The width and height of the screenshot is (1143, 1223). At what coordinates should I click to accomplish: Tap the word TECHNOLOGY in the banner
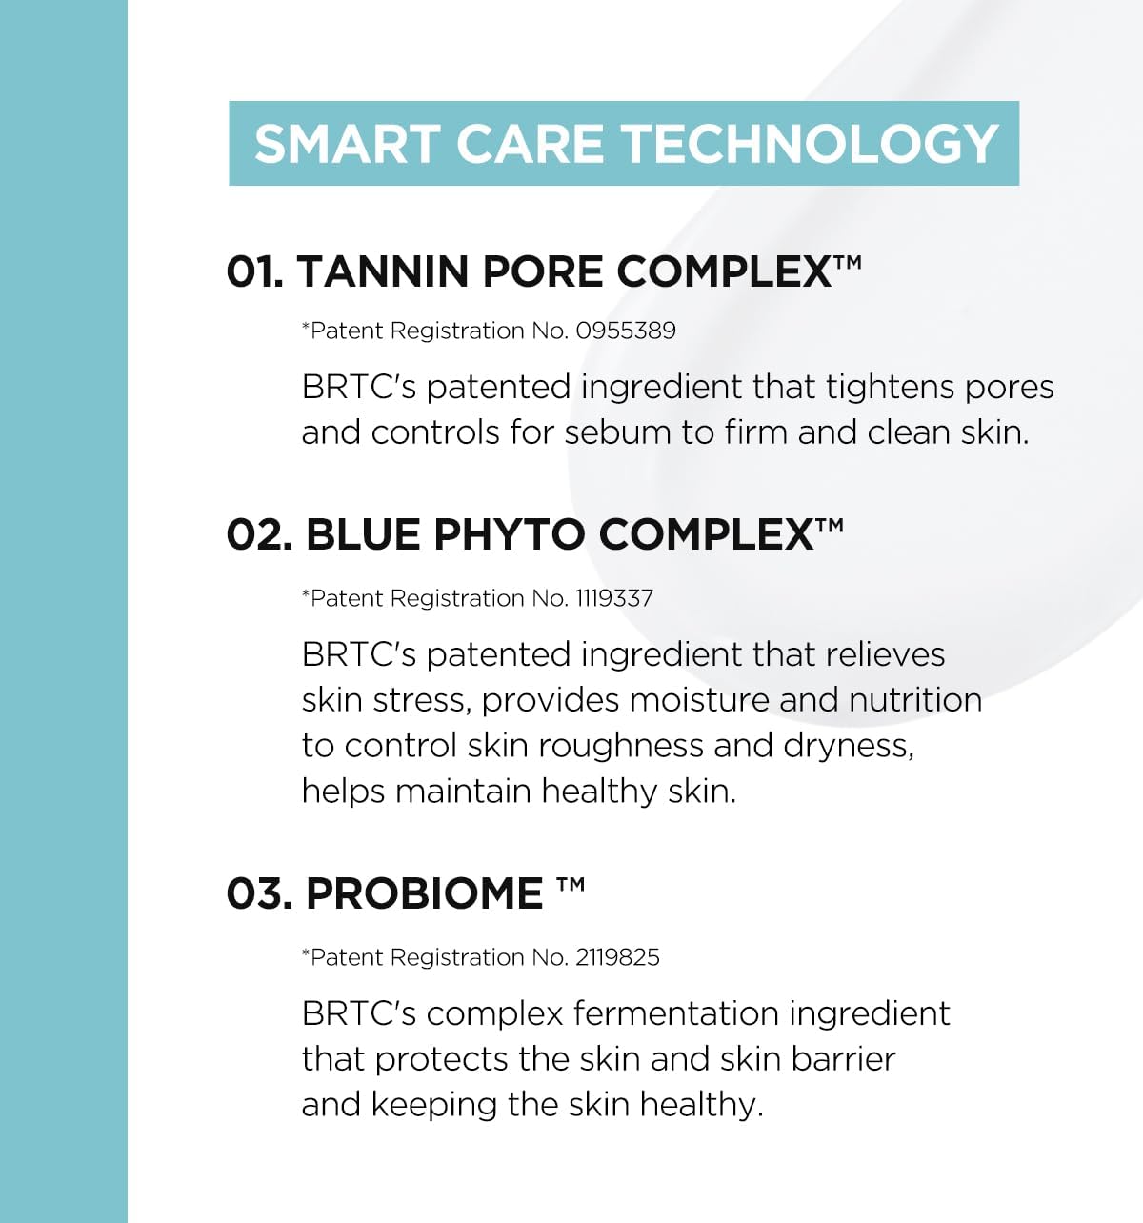click(x=810, y=144)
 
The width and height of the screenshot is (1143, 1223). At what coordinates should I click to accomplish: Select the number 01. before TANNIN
click(x=255, y=271)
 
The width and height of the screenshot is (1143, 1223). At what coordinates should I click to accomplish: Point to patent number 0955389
click(x=626, y=331)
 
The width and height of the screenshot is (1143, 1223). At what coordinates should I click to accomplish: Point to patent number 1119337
click(x=614, y=598)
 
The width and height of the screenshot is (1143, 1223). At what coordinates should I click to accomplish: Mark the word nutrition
click(x=915, y=700)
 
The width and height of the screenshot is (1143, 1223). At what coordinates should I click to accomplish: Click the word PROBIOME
click(x=424, y=893)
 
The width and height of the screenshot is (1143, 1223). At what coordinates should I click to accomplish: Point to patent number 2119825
click(x=617, y=957)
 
